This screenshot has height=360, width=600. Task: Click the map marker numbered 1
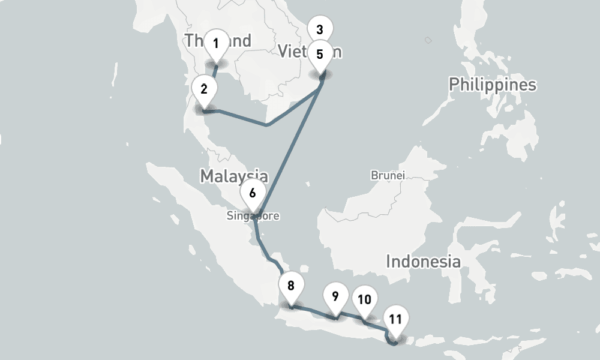click(x=216, y=43)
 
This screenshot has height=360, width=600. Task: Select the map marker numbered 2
click(x=204, y=90)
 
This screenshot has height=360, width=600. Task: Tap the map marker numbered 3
click(x=319, y=29)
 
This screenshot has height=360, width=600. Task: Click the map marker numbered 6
click(x=252, y=193)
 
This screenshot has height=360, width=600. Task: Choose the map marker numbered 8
click(x=291, y=286)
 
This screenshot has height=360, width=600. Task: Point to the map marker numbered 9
click(x=335, y=296)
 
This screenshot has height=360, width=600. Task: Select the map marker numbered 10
click(x=364, y=299)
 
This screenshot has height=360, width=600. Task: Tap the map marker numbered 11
click(x=395, y=319)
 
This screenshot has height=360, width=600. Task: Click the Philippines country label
click(x=493, y=84)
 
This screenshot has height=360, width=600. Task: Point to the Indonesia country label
click(x=423, y=262)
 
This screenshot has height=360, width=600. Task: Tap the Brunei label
click(x=388, y=176)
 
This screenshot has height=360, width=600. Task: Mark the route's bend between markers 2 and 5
click(x=267, y=125)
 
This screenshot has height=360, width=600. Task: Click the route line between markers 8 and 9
click(x=312, y=311)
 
